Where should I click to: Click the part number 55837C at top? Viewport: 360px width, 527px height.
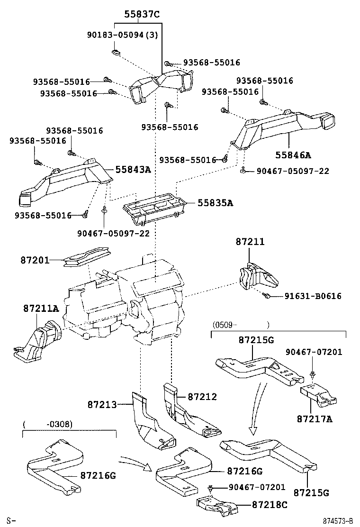[142, 14]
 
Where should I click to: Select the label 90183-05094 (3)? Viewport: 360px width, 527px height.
[123, 35]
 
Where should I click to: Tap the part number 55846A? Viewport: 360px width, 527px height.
[293, 154]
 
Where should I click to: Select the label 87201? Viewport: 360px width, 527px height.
[35, 260]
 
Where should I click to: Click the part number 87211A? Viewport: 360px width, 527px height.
[41, 309]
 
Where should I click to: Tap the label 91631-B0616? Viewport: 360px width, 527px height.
[313, 296]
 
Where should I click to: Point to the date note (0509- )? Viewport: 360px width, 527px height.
[241, 325]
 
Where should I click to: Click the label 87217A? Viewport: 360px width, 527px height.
[315, 418]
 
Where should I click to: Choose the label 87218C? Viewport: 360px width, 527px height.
[269, 505]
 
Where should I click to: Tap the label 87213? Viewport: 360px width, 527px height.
[102, 404]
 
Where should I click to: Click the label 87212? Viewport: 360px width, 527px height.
[202, 396]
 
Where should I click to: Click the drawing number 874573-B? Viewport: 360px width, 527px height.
[338, 521]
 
